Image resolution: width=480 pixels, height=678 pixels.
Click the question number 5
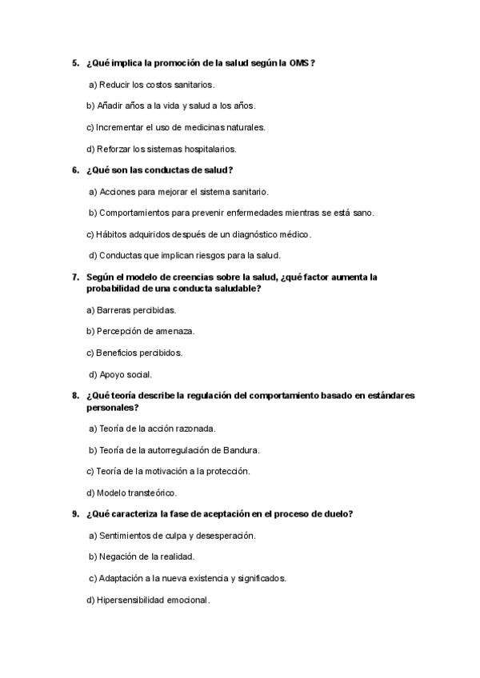(74, 62)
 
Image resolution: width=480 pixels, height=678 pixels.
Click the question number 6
(74, 169)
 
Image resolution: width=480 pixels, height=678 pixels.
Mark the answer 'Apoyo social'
(125, 374)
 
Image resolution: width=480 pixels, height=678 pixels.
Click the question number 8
(74, 396)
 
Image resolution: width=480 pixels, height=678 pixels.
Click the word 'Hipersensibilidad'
(130, 600)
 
